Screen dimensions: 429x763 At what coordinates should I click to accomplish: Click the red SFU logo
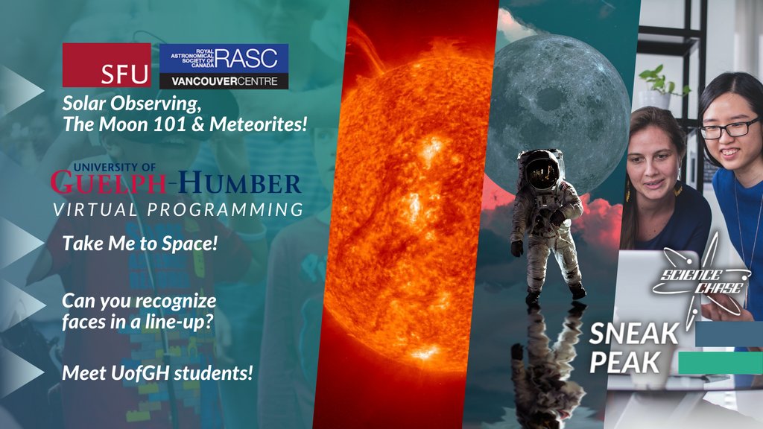107,66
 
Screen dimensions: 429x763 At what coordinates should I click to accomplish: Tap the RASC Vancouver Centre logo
224,66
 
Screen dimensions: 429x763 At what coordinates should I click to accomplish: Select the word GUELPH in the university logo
111,182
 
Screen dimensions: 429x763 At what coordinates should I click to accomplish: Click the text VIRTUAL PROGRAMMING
177,209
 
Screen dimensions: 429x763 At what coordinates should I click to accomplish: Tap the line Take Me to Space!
139,243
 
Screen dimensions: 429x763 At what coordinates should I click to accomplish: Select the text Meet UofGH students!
157,372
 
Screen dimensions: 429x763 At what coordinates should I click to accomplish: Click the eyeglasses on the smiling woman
728,128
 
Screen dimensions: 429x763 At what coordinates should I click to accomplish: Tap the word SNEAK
633,333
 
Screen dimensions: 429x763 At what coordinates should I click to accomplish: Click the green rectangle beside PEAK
720,363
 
